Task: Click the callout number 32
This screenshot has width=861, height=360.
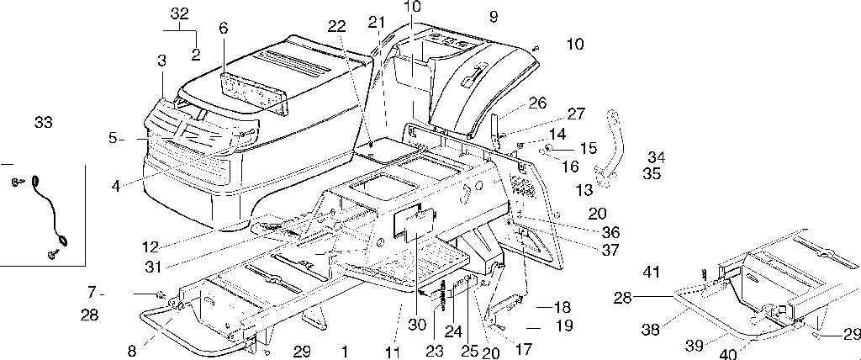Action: pos(180,14)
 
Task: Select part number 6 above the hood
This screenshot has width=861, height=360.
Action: pos(223,28)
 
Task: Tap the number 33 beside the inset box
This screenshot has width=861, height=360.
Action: pos(43,123)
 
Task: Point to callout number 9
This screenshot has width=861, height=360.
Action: pos(493,16)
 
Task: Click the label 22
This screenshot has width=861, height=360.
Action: pos(337,28)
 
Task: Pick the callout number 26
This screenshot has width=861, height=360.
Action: pos(537,103)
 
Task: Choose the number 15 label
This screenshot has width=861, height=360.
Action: pos(588,147)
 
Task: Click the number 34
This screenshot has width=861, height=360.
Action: pos(656,156)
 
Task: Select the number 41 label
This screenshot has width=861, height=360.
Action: pos(652,272)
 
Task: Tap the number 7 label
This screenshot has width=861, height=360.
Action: pos(93,292)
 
